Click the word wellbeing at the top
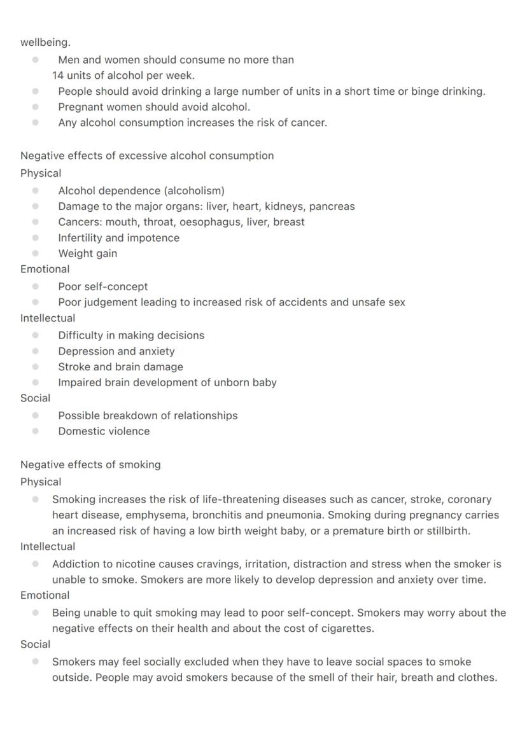pos(45,43)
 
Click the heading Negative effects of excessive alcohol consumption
pos(147,156)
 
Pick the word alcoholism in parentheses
pos(195,191)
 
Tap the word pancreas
pos(332,206)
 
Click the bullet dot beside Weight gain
pos(36,253)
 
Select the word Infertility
pos(80,238)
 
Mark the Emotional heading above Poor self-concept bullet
pos(45,269)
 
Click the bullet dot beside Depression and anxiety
pos(36,351)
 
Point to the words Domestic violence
pos(104,431)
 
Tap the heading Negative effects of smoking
pos(90,464)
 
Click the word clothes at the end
pos(475,678)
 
